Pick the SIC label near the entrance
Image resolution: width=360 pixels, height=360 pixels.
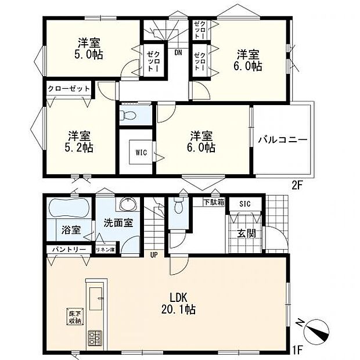(x=245, y=204)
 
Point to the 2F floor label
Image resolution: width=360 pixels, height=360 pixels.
(x=297, y=186)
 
